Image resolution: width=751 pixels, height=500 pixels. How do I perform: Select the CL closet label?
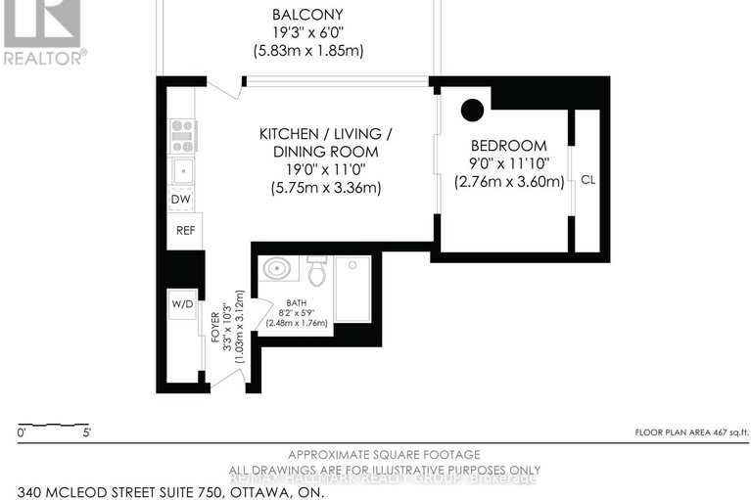[x=587, y=180]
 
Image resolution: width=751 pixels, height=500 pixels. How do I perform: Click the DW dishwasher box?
[x=180, y=200]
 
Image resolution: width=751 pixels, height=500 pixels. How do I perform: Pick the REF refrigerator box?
[x=185, y=231]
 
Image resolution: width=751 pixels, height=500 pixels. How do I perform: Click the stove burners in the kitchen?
[x=183, y=135]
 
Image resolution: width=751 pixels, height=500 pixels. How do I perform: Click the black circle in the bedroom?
[x=473, y=110]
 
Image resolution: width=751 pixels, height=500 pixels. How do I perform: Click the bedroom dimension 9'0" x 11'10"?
[x=508, y=163]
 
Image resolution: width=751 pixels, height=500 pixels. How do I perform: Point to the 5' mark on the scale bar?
[x=86, y=432]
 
